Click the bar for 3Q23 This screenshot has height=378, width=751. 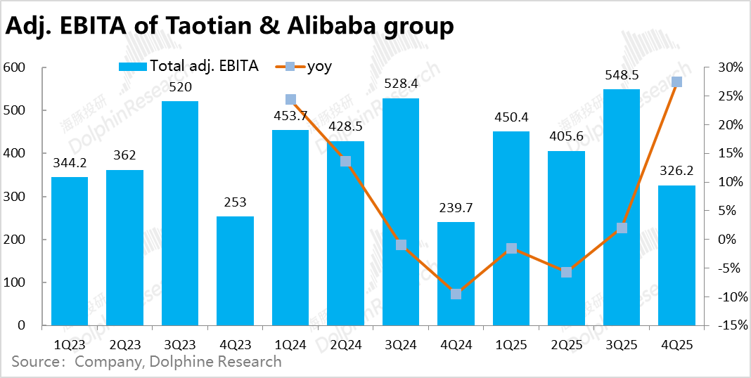180,213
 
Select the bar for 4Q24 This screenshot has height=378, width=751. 456,273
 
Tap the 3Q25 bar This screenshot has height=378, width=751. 622,207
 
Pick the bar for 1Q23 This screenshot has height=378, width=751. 70,251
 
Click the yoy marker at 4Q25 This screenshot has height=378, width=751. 676,82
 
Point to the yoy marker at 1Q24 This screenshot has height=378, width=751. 290,100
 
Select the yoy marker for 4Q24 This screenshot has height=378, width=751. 456,294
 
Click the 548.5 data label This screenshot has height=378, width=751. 622,75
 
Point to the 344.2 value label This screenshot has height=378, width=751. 70,163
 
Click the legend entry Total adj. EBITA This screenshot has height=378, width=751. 188,66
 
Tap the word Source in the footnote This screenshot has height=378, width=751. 34,362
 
